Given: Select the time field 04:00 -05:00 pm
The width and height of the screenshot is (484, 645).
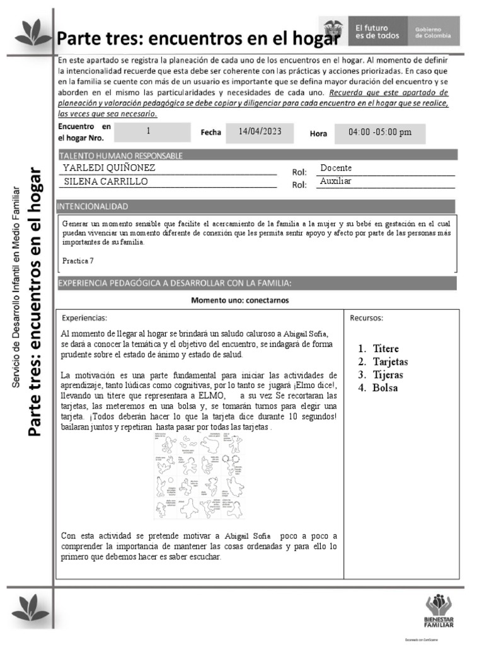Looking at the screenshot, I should tap(379, 132).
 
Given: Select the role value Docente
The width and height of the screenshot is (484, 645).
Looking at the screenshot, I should tap(336, 168).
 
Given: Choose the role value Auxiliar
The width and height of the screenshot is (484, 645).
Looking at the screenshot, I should tap(335, 181).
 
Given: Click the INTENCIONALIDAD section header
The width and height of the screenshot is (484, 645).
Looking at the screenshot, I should tap(93, 206).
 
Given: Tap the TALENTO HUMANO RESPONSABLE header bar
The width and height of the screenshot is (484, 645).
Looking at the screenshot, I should tap(121, 155).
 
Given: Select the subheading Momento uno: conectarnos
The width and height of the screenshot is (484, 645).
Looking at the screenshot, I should tap(240, 300).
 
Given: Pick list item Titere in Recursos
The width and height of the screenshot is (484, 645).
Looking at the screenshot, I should tap(385, 348).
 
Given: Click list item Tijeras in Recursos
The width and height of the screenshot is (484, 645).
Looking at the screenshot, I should tap(388, 375).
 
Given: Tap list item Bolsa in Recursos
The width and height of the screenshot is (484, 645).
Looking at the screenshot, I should tap(385, 388).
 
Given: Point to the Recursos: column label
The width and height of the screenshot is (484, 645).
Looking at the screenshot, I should tap(367, 317).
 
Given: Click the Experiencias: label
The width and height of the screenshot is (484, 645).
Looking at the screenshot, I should tap(84, 317).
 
